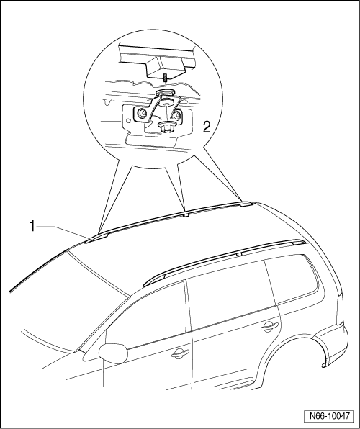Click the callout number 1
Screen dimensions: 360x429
pyautogui.click(x=32, y=227)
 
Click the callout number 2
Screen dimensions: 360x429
pyautogui.click(x=207, y=127)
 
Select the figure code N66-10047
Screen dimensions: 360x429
pyautogui.click(x=330, y=416)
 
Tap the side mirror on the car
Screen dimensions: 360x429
pyautogui.click(x=113, y=353)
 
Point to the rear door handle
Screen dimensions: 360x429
pyautogui.click(x=270, y=326)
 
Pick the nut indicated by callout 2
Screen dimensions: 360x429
pyautogui.click(x=167, y=127)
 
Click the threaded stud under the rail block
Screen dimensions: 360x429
pyautogui.click(x=166, y=78)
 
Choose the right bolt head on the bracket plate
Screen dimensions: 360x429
pyautogui.click(x=177, y=114)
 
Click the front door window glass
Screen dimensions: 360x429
pyautogui.click(x=148, y=315)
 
